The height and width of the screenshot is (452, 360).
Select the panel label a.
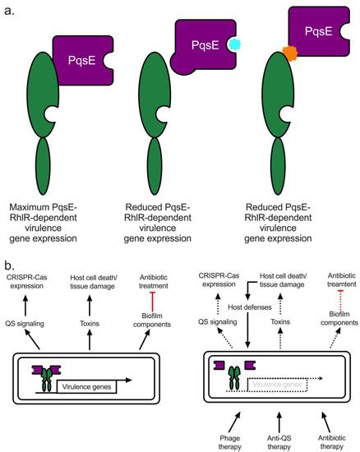click(10, 10)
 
